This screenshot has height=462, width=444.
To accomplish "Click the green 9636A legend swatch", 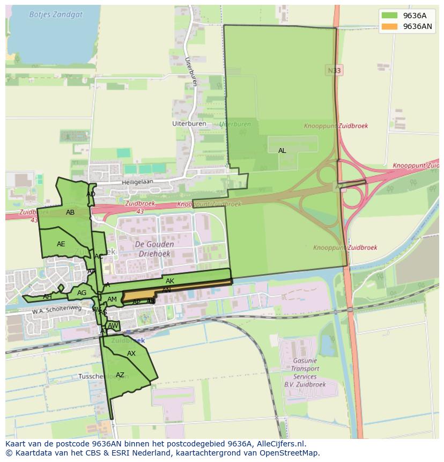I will click(390, 16).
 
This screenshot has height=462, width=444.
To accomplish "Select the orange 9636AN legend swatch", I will click(390, 26).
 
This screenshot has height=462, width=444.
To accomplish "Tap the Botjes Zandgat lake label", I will click(56, 14).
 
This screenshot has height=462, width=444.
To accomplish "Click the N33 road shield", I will click(334, 70).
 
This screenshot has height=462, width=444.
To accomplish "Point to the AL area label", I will click(282, 151).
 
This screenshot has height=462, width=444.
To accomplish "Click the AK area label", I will click(170, 281).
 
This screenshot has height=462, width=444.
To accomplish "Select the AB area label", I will click(70, 212).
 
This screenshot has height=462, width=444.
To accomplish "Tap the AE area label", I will click(61, 244).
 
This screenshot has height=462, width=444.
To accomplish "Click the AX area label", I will click(131, 354).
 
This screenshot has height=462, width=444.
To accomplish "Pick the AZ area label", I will click(120, 375).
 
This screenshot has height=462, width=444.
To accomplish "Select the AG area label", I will click(82, 293).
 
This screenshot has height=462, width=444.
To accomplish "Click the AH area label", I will click(47, 297).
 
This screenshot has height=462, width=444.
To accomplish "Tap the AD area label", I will click(91, 194).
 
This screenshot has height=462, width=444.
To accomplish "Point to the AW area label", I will click(113, 326).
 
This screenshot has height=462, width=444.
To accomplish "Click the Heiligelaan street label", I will click(137, 182).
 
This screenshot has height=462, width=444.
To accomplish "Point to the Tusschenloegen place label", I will click(102, 377).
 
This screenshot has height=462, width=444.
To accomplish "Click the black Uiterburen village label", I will click(185, 123).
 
